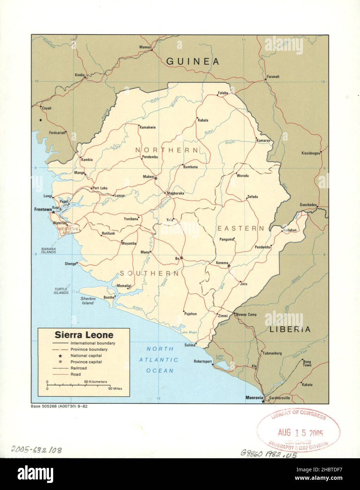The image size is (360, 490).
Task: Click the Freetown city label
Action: point(42,209)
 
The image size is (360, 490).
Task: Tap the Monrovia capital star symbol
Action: point(263,401)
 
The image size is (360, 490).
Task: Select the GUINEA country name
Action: point(193,62)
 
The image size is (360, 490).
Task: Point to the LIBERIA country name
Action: point(290,330)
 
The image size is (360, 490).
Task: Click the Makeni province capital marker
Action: point(156,179)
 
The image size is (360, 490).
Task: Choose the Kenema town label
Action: point(222,263)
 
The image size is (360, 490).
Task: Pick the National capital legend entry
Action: point(86,355)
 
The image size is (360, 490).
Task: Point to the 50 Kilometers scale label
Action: point(98,382)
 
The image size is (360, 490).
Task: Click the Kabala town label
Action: point(203,120)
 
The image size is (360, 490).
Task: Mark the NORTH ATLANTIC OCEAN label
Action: point(160,360)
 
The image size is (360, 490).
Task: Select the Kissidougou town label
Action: point(310,153)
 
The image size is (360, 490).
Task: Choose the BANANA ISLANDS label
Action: point(48,250)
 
